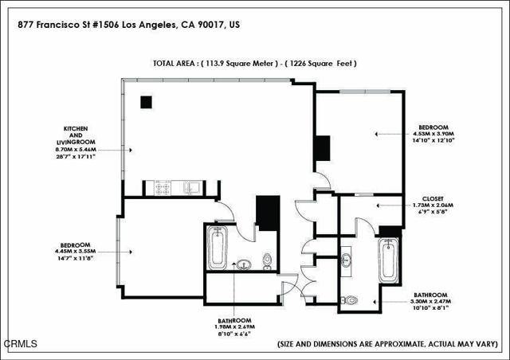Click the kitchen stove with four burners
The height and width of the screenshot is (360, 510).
point(163,189)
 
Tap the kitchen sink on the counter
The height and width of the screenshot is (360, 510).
point(191,189)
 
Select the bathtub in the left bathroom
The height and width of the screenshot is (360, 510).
point(217,248)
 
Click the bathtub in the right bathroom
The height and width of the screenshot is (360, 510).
point(388,261)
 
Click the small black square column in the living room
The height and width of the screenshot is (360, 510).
point(146,101)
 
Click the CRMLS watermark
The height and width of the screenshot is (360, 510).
point(21,344)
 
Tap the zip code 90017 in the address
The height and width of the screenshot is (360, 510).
point(210,25)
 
